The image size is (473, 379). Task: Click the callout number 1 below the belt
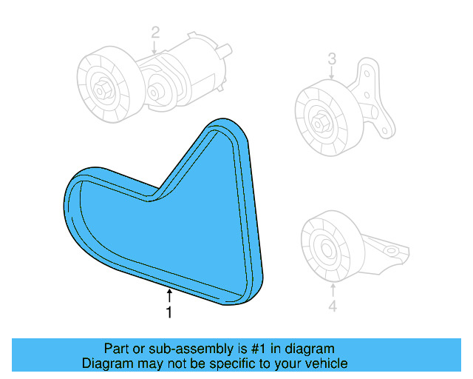169,313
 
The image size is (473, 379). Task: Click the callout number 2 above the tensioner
155,32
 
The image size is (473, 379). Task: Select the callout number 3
332,58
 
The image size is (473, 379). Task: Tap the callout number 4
332,305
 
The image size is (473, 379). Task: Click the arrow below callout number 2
155,47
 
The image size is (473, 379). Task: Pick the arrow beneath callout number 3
332,73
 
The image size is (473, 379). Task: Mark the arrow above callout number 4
332,290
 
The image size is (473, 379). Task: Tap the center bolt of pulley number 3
321,122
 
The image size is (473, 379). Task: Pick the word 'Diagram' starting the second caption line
106,363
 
